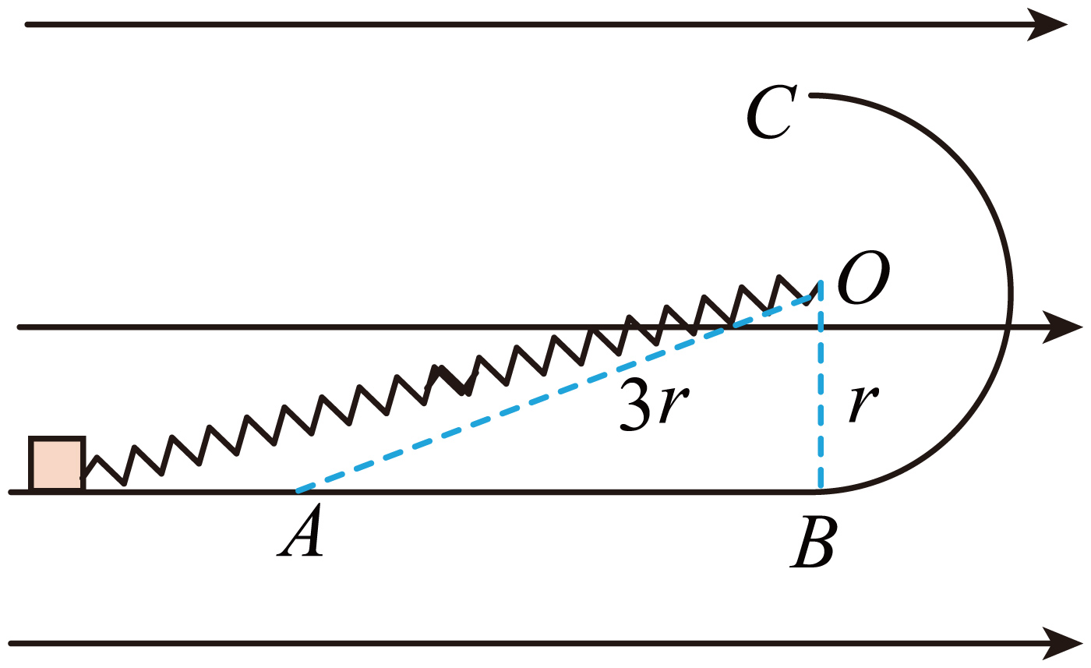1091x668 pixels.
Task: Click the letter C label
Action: pos(772,111)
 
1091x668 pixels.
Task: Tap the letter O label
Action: pos(863,278)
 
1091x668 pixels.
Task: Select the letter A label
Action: pos(301,530)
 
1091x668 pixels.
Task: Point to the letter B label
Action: pos(814,543)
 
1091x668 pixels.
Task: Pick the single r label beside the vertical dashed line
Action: pos(863,403)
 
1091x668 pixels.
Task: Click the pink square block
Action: pos(57,464)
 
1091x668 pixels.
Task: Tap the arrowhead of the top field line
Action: pos(1047,24)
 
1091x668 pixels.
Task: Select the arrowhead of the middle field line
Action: pos(1061,327)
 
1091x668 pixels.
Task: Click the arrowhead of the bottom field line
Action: pos(1061,644)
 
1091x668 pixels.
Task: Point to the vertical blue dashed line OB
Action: pos(821,385)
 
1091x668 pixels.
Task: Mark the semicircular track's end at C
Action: pos(811,95)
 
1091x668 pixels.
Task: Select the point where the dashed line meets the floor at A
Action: pos(298,492)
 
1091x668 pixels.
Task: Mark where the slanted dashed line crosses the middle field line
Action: pos(732,327)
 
